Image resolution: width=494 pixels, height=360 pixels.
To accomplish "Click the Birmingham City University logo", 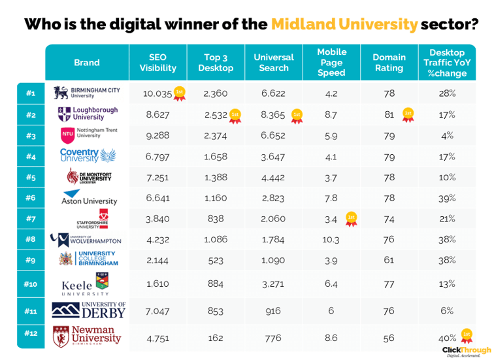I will pos(86,93).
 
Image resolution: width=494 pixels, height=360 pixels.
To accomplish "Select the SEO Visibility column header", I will pos(157,63).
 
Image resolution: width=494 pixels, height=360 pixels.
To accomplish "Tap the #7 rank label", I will pos(30,220).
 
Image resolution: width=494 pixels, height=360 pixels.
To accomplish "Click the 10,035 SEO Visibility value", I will pos(157,93).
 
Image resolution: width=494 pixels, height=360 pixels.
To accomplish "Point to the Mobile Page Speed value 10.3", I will pos(331,240).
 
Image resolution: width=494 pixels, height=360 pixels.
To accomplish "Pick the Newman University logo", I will pos(86,335).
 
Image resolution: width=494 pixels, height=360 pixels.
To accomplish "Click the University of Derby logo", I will pos(88,311).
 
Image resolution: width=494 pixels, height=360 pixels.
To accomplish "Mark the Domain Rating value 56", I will pos(389,338).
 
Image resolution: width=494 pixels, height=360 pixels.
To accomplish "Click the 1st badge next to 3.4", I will pos(351,217).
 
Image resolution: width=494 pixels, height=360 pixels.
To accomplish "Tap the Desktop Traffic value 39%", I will pos(447,198).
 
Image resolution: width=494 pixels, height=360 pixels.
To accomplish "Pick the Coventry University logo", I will pos(87,155).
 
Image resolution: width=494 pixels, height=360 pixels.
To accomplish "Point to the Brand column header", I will pos(87,63).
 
